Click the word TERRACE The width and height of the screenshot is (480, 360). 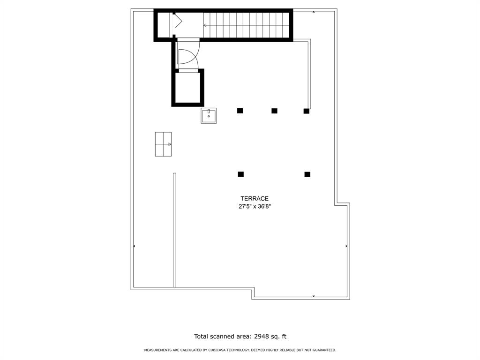click(255, 199)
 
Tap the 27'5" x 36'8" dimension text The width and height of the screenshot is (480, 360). click(255, 206)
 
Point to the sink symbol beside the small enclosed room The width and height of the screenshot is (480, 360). click(209, 115)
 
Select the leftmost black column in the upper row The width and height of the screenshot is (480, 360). click(240, 111)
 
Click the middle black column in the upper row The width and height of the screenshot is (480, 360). click(274, 111)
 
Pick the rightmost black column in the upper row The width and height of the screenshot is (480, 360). click(307, 111)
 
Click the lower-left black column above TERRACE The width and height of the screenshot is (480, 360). click(241, 174)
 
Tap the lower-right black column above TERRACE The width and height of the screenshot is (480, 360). click(307, 174)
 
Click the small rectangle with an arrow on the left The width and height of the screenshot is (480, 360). click(163, 144)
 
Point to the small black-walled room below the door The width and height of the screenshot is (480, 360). click(188, 88)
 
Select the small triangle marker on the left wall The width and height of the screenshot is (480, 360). click(135, 246)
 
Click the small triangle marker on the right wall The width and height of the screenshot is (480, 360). click(346, 246)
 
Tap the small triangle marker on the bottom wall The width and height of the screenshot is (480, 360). click(314, 296)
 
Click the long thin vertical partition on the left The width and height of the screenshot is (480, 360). click(174, 230)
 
